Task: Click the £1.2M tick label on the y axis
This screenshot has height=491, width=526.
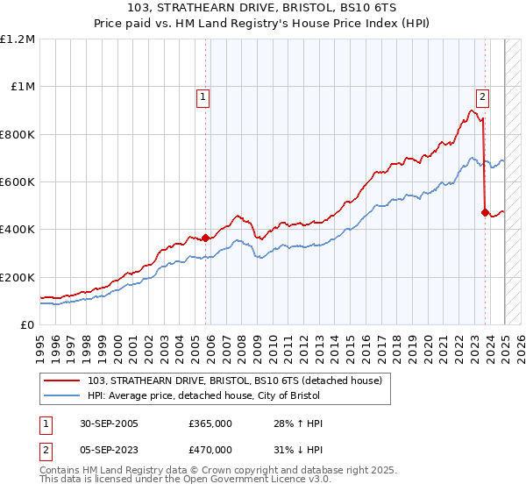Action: [18, 39]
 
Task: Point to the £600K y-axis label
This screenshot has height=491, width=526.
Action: [18, 182]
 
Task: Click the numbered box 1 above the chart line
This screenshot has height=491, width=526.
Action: [203, 97]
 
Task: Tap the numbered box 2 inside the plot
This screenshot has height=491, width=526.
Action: [482, 97]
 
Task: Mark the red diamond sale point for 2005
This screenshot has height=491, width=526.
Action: [206, 238]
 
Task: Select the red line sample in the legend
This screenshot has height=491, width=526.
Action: [62, 381]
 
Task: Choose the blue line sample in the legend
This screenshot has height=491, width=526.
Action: [62, 396]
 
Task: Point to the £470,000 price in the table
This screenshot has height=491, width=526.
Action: [210, 449]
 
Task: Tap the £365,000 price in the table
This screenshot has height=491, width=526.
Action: [210, 423]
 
